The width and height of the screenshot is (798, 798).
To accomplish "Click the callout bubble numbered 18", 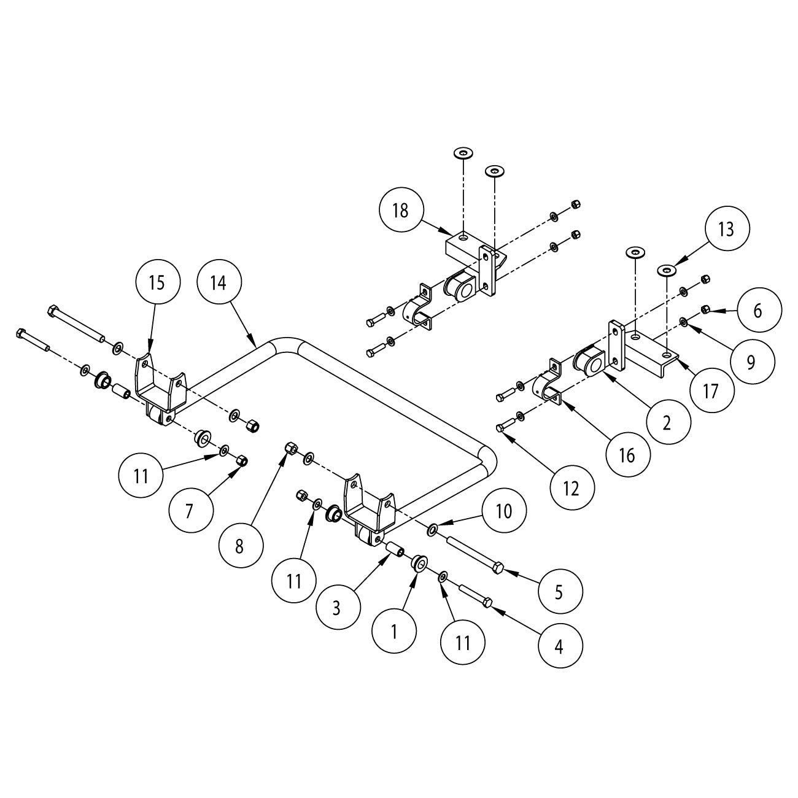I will point(400,211).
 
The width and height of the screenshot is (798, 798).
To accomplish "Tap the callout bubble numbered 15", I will point(157,282).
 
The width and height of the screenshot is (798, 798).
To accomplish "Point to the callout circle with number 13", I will point(726,230).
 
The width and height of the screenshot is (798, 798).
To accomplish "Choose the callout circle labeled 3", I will point(336,608).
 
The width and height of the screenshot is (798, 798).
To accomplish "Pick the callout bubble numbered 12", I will point(571,489).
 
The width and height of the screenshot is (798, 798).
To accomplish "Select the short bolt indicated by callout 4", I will point(476,596).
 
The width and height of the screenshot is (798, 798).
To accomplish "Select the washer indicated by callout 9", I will point(684,321).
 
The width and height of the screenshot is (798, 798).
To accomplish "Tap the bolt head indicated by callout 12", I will point(499,428).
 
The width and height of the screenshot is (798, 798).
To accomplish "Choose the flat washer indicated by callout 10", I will point(433,528).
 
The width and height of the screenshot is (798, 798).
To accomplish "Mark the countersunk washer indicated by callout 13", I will point(665,269).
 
